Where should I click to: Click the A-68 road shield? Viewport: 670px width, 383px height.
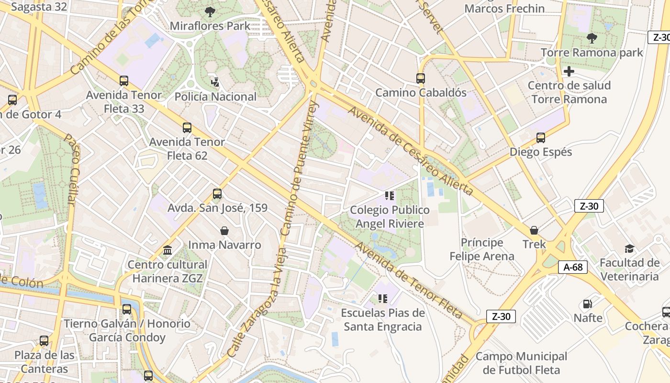point(573,267)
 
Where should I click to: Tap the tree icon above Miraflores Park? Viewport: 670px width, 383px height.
point(210,11)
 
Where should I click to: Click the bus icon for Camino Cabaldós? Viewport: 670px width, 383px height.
point(420,78)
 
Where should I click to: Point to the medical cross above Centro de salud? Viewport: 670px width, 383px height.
point(569,72)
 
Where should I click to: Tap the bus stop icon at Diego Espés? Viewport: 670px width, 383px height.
point(541,138)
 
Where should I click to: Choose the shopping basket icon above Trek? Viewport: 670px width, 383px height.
point(534,230)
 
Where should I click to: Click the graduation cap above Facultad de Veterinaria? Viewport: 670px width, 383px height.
point(629,248)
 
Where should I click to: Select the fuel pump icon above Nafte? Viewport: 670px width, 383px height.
point(587,304)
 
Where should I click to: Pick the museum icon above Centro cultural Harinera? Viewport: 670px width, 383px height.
point(167,250)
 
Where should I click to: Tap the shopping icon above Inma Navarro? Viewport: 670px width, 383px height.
point(224,231)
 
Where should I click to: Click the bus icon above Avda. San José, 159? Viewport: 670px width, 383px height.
point(217,194)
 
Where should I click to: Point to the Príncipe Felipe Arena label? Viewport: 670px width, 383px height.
point(482,249)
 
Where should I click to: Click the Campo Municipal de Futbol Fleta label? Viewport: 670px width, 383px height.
point(521,363)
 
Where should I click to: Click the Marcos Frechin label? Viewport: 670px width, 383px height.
point(504,9)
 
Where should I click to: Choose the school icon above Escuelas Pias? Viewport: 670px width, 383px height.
point(382,299)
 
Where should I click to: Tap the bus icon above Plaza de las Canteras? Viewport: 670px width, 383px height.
point(44,341)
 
